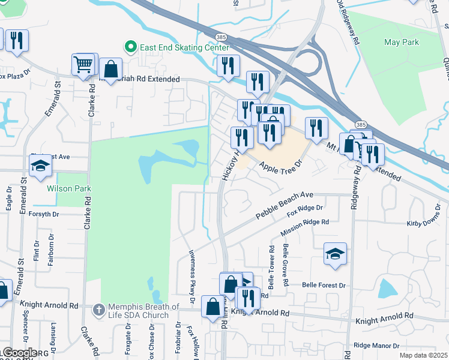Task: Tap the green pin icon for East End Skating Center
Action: coord(128,46)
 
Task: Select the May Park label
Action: coord(402,42)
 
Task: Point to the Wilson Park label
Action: coord(69,188)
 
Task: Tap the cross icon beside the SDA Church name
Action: coord(100,310)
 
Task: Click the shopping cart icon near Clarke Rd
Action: coord(84,64)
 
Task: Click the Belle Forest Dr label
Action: coord(324,285)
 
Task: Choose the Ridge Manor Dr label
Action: coord(376,346)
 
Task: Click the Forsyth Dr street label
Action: coord(43,213)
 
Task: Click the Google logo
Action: coord(19,353)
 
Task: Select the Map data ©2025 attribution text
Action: coord(423,355)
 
